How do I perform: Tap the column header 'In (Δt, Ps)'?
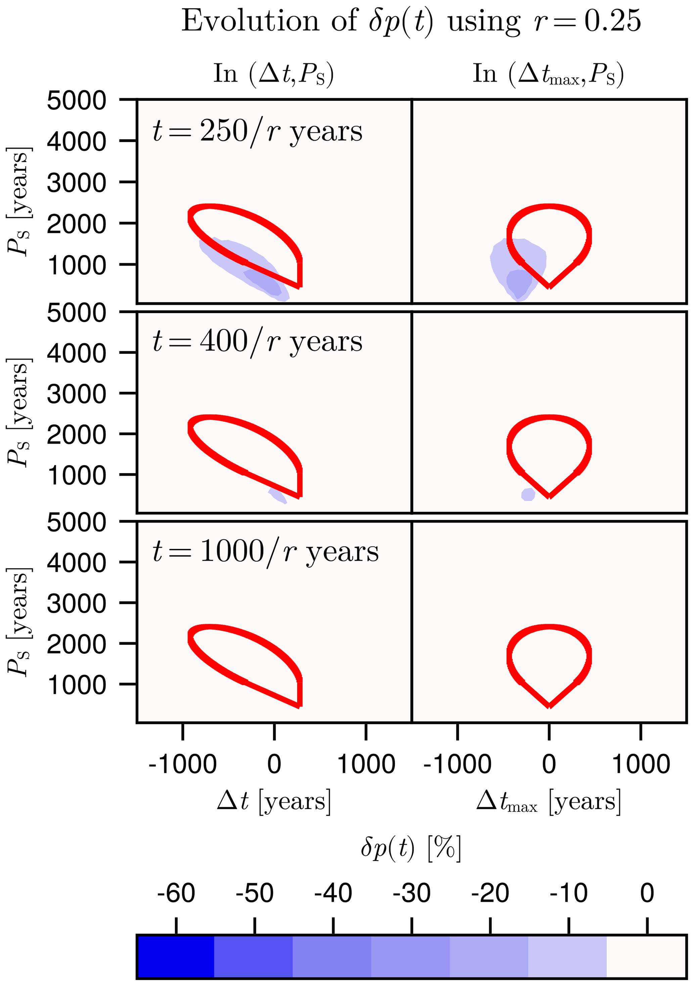pyautogui.click(x=273, y=74)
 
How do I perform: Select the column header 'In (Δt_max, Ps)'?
pyautogui.click(x=548, y=74)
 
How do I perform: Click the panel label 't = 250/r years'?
pyautogui.click(x=258, y=131)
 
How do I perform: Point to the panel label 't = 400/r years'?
pyautogui.click(x=258, y=342)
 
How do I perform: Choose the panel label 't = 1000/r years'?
pyautogui.click(x=266, y=552)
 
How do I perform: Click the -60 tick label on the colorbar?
pyautogui.click(x=176, y=894)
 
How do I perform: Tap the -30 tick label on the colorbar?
pyautogui.click(x=412, y=894)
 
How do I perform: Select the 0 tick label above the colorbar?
pyautogui.click(x=647, y=894)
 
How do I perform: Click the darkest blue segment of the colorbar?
pyautogui.click(x=176, y=956)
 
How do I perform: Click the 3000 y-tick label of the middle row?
pyautogui.click(x=77, y=394)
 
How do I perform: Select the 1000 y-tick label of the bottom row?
pyautogui.click(x=77, y=685)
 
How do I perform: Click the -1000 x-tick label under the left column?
pyautogui.click(x=182, y=764)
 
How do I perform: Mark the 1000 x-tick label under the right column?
pyautogui.click(x=640, y=764)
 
